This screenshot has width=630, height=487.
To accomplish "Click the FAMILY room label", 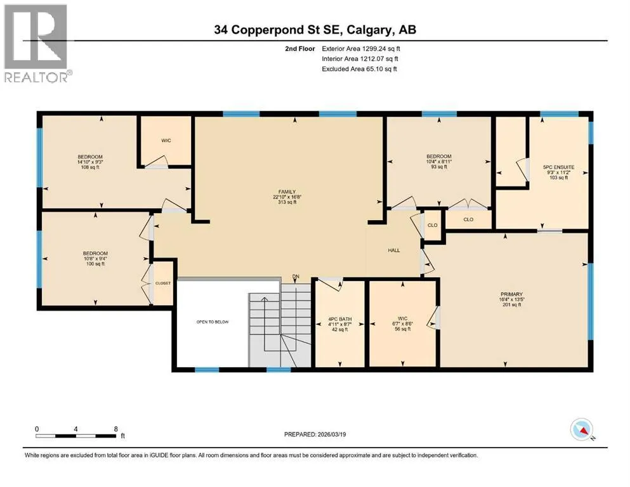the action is click(x=287, y=192).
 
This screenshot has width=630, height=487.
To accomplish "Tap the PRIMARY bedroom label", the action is click(x=511, y=294).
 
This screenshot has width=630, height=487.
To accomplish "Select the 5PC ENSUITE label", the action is click(x=558, y=167).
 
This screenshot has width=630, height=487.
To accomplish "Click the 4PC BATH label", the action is click(x=340, y=319).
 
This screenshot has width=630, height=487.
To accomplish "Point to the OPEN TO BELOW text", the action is click(x=213, y=322).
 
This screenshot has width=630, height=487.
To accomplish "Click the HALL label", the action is click(x=394, y=250).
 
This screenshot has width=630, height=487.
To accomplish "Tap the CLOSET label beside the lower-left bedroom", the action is click(x=163, y=283).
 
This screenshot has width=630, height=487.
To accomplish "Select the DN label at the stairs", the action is click(x=296, y=276).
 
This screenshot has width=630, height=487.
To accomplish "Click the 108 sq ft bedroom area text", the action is click(x=90, y=167).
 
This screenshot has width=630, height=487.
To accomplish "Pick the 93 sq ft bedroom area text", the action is click(x=439, y=167).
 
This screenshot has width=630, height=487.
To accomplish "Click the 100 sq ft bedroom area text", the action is click(x=95, y=264).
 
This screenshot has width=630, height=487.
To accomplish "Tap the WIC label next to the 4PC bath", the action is click(x=403, y=318).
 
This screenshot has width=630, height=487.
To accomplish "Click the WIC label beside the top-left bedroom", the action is click(x=166, y=141).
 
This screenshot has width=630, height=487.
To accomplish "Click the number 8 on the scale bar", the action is click(x=115, y=429).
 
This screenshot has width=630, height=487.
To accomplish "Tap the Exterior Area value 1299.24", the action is click(x=375, y=49).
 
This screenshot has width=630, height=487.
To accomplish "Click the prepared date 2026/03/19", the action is click(x=332, y=434).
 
